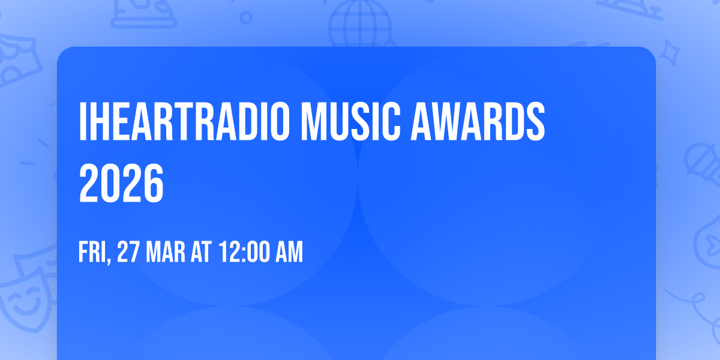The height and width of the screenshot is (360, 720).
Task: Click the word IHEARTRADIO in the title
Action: pos(183,122)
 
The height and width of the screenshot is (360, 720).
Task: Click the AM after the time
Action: pos(289,253)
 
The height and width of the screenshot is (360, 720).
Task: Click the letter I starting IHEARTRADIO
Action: pos(83,122)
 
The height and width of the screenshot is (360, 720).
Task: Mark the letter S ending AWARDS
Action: pos(535,122)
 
